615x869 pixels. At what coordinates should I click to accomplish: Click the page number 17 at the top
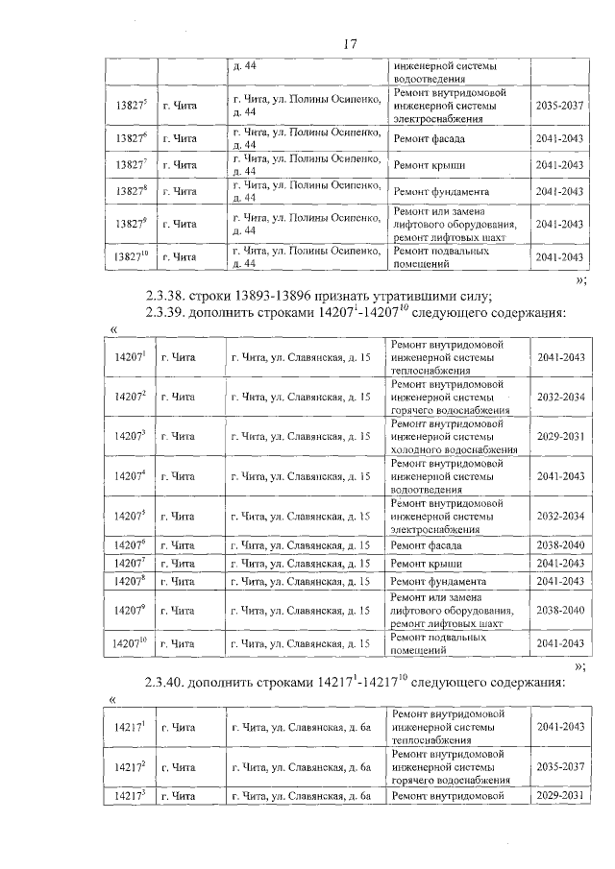[x=350, y=44]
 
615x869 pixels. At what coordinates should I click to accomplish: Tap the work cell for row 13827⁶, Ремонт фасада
[x=429, y=138]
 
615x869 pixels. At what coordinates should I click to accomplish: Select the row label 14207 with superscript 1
[x=130, y=356]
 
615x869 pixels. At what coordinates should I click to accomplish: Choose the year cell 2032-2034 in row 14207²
[x=559, y=396]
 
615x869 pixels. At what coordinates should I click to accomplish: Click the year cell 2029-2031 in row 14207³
[x=559, y=436]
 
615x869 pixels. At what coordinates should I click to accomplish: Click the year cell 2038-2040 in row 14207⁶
[x=559, y=545]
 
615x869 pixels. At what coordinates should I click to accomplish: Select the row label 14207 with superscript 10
[x=130, y=642]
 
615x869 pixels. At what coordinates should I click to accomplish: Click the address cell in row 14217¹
[x=303, y=727]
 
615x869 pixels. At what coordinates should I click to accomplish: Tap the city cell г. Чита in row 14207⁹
[x=179, y=610]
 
